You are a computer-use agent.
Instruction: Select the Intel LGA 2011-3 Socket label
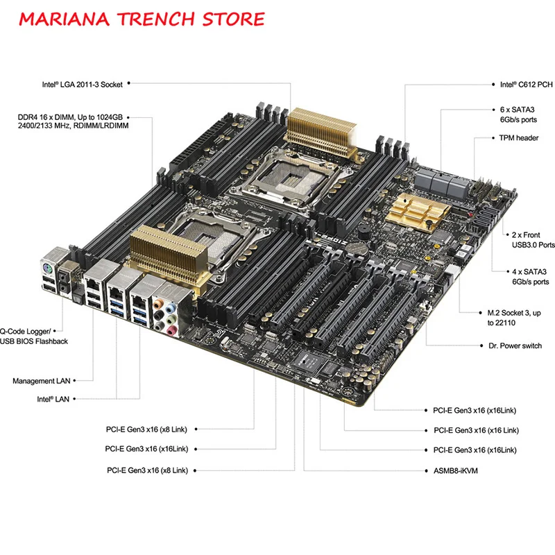click(82, 85)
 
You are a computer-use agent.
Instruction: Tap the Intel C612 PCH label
click(526, 85)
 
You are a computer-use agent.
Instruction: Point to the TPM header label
click(518, 138)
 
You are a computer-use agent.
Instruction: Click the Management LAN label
click(42, 381)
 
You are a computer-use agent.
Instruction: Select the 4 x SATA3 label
click(524, 277)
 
